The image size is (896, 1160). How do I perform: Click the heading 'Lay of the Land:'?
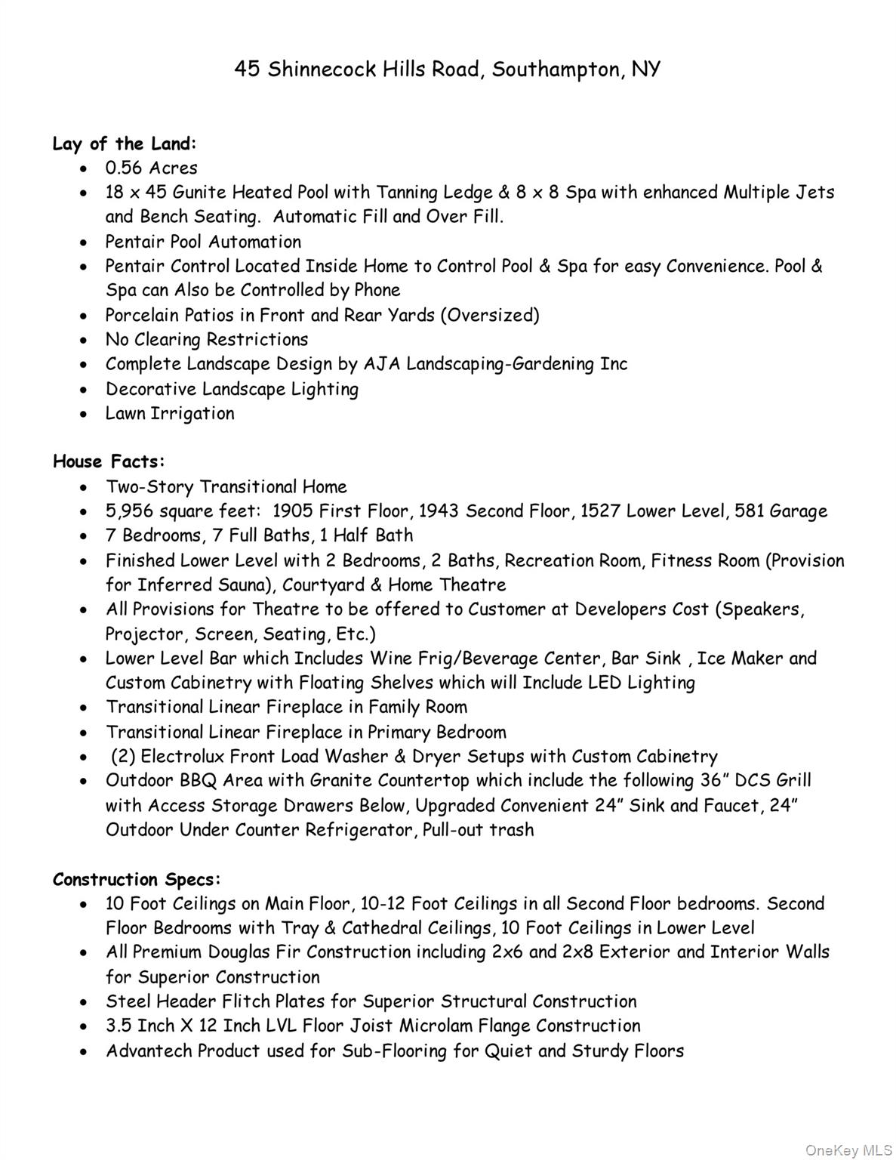pyautogui.click(x=125, y=143)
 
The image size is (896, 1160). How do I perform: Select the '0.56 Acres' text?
pyautogui.click(x=151, y=168)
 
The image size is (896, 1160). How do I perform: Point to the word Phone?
pyautogui.click(x=377, y=290)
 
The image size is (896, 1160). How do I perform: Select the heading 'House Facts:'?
pyautogui.click(x=109, y=461)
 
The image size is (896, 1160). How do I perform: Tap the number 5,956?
pyautogui.click(x=129, y=512)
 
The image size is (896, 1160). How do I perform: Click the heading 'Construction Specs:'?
pyautogui.click(x=137, y=880)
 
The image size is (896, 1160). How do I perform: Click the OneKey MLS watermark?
pyautogui.click(x=848, y=1150)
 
